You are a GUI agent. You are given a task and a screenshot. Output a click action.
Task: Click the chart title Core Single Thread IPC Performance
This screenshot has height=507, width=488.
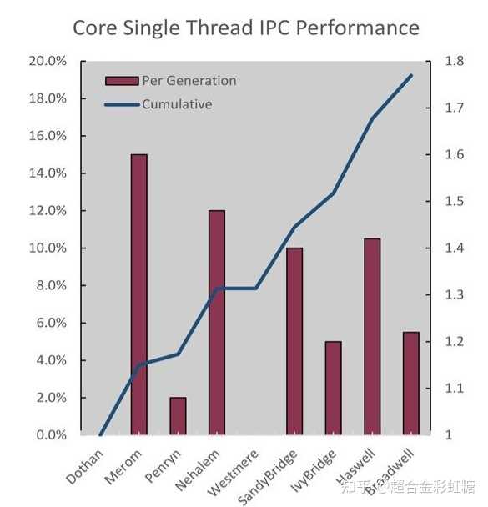click(246, 28)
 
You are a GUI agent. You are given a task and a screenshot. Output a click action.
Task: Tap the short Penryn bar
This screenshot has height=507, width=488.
click(178, 416)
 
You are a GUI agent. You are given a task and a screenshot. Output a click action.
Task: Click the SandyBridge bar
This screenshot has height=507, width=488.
click(294, 341)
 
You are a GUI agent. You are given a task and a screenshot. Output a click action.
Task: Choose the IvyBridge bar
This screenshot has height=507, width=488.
click(333, 388)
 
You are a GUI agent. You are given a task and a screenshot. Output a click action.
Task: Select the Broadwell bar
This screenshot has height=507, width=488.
click(410, 384)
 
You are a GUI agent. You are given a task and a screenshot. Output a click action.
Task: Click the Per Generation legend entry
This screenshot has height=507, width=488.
click(171, 81)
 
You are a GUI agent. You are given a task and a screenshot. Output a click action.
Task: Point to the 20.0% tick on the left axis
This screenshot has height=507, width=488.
click(48, 61)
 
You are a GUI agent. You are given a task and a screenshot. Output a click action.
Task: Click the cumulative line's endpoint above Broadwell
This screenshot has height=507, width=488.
click(411, 75)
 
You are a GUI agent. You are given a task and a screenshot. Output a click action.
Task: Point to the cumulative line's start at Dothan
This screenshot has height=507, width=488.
click(100, 434)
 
